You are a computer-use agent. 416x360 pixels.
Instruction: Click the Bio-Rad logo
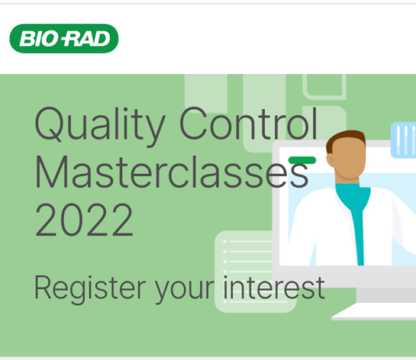coord(64,39)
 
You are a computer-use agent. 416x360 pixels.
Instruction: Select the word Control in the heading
coord(249,125)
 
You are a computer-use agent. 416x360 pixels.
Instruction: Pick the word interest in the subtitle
coord(273,288)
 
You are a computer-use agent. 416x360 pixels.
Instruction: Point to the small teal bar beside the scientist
coord(302,160)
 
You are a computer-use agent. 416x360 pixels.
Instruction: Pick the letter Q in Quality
coord(51,125)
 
